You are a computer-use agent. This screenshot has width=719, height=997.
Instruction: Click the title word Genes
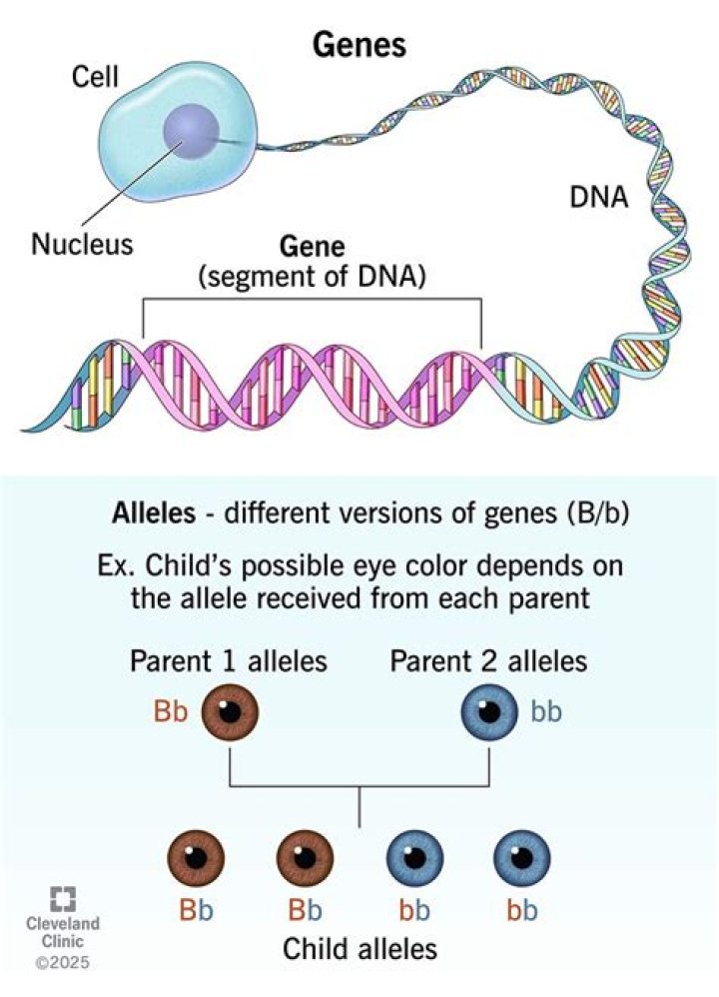tap(359, 46)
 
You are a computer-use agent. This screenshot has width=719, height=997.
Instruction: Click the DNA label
tap(598, 198)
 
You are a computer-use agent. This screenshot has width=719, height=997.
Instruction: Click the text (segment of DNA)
tap(311, 280)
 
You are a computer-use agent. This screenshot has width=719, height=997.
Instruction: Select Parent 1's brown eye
tap(231, 713)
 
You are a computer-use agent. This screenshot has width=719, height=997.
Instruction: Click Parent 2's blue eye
tap(488, 713)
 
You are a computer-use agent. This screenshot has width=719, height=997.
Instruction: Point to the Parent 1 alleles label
tap(228, 661)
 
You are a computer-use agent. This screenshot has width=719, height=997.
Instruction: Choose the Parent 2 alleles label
tap(488, 661)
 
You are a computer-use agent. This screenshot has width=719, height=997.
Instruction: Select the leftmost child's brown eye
tap(197, 857)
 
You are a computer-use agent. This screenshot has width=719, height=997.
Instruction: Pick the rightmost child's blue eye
tap(522, 857)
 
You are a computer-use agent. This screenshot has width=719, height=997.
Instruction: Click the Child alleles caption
tap(359, 948)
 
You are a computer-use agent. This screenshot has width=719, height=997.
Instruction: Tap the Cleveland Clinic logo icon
tap(65, 897)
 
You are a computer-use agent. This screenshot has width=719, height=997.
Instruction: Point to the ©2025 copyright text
tap(64, 964)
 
